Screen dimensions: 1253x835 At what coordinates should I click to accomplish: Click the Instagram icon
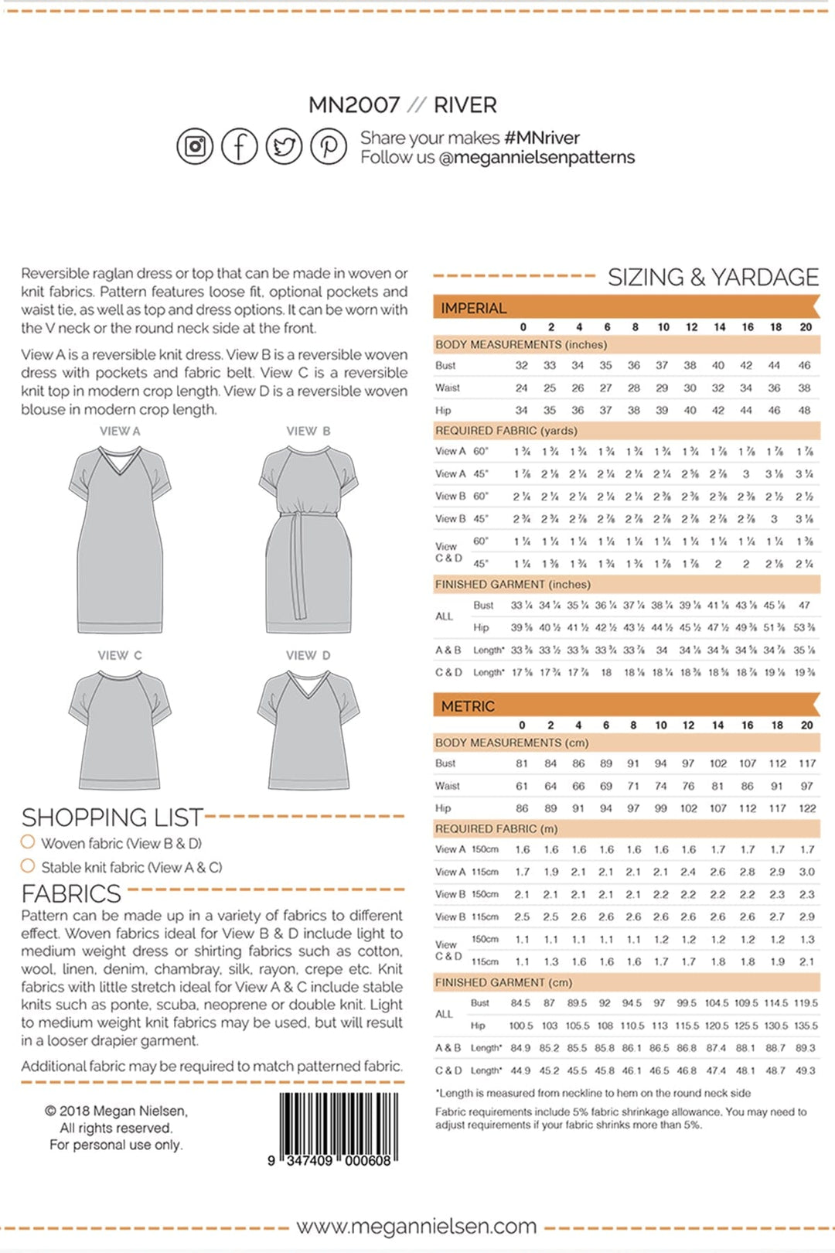pyautogui.click(x=195, y=146)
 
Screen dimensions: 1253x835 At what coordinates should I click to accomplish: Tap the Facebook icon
pyautogui.click(x=240, y=146)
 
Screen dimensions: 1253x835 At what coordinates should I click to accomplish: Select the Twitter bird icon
pyautogui.click(x=285, y=146)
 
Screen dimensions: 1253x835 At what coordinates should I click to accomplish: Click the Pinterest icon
pyautogui.click(x=329, y=146)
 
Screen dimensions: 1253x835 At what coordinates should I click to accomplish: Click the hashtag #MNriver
pyautogui.click(x=541, y=138)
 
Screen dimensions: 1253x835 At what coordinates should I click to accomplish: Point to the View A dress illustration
pyautogui.click(x=120, y=541)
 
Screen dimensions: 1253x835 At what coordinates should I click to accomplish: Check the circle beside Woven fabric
pyautogui.click(x=28, y=842)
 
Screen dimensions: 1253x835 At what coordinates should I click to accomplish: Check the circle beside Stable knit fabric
pyautogui.click(x=28, y=865)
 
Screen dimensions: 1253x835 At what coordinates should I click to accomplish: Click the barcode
pyautogui.click(x=339, y=1125)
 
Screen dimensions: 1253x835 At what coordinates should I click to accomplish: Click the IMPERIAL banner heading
pyautogui.click(x=473, y=308)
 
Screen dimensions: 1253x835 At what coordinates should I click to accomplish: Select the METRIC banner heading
pyautogui.click(x=468, y=706)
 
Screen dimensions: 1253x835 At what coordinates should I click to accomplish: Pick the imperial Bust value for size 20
pyautogui.click(x=804, y=365)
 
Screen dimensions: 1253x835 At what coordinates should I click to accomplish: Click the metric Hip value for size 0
pyautogui.click(x=522, y=808)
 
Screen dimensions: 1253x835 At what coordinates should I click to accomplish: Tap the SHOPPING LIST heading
pyautogui.click(x=111, y=817)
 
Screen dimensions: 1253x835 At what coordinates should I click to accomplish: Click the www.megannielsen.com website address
pyautogui.click(x=416, y=1227)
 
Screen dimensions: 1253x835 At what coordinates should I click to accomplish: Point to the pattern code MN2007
pyautogui.click(x=354, y=104)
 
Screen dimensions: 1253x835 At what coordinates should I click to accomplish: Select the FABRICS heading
pyautogui.click(x=70, y=893)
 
